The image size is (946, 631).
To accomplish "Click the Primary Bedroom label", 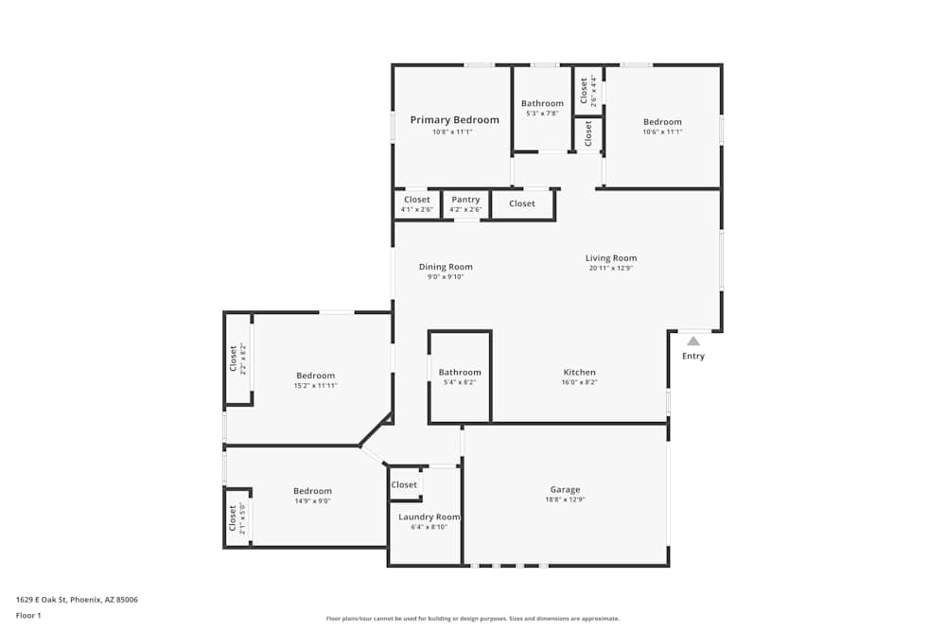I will (454, 120).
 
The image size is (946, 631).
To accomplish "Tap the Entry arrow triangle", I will (693, 342).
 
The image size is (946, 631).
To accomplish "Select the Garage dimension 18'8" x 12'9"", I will (565, 500).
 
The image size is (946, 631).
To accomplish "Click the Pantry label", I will (465, 200).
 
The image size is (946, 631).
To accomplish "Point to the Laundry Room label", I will (429, 517).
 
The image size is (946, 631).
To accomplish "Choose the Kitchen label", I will (579, 373).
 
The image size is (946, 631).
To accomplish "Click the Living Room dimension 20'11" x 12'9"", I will (610, 269).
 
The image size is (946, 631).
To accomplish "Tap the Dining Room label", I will (446, 267).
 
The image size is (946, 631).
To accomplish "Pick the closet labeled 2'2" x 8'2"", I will (237, 358).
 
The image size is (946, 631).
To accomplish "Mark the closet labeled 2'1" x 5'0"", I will (236, 517).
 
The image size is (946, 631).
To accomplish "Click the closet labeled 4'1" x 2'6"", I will (416, 203).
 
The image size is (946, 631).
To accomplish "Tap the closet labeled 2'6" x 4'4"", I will (588, 91).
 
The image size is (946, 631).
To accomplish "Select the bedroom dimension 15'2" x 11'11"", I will (315, 386).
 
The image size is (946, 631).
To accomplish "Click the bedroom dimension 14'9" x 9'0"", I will (312, 501).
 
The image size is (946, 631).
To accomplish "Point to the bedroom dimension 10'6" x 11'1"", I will (662, 132).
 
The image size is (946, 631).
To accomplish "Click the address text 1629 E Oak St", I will (77, 600).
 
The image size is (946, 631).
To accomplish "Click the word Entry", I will (693, 357).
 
